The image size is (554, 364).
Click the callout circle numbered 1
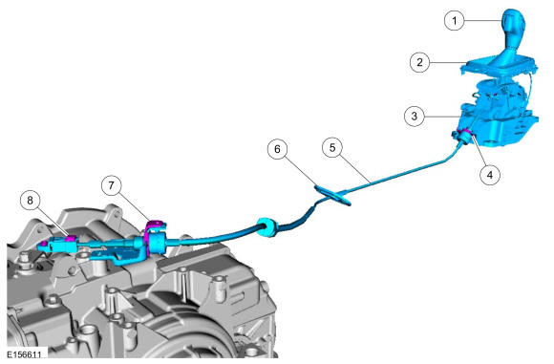[x=454, y=20]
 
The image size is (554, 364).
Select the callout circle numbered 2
[x=419, y=62]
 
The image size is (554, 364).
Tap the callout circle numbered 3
[x=415, y=116]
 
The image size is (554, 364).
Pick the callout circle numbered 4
[x=490, y=175]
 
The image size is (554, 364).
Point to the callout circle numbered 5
[x=332, y=148]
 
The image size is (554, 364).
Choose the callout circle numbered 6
[x=277, y=149]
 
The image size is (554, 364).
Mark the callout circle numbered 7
[x=111, y=185]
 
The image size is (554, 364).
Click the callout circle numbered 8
[x=30, y=201]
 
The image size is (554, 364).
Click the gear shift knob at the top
[x=514, y=30]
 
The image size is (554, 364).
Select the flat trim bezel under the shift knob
[x=500, y=66]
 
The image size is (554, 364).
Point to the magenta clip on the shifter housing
[x=465, y=133]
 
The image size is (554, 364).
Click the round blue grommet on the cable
[x=266, y=227]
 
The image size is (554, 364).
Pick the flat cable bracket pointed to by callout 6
[x=332, y=196]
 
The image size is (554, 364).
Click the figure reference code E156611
[x=24, y=354]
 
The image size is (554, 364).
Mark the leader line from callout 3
[x=442, y=116]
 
